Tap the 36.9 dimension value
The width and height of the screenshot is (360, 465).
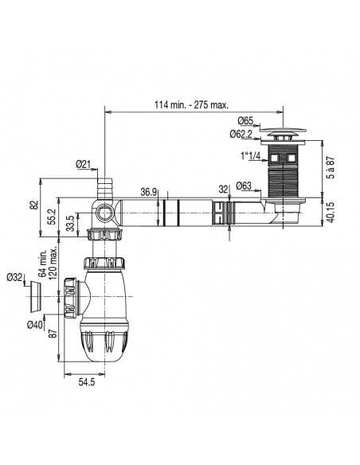[x=148, y=192]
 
